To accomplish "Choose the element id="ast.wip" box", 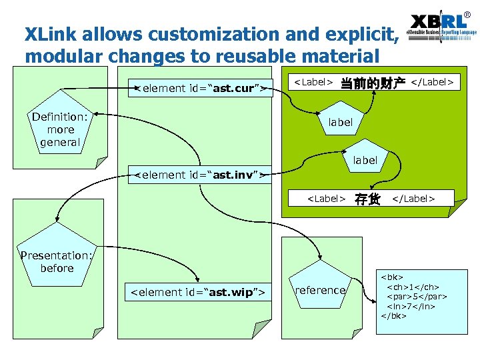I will (199, 292).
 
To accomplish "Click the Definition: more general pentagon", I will (60, 129).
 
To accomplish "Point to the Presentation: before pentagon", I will (57, 261).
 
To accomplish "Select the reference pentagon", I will (321, 289).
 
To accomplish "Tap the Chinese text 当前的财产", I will (373, 83).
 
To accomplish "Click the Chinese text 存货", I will (367, 199).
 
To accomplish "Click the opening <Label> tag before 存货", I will (325, 199).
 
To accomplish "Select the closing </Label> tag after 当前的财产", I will (433, 83).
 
